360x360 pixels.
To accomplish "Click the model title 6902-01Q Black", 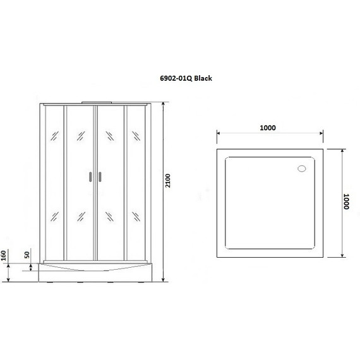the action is [x=186, y=78].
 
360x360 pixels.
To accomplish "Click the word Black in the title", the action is [x=203, y=78].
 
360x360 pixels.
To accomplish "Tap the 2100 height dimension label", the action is [x=168, y=181].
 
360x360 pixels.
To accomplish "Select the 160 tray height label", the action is [x=3, y=256].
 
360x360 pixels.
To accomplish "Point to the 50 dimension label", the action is [x=27, y=255].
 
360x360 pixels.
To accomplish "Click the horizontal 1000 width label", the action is [x=268, y=128].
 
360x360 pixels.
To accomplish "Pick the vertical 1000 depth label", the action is [x=346, y=201].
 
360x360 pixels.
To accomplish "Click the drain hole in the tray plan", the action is [x=302, y=169].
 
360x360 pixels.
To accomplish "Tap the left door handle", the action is [x=90, y=177].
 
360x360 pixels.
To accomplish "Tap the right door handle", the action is [x=100, y=177].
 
